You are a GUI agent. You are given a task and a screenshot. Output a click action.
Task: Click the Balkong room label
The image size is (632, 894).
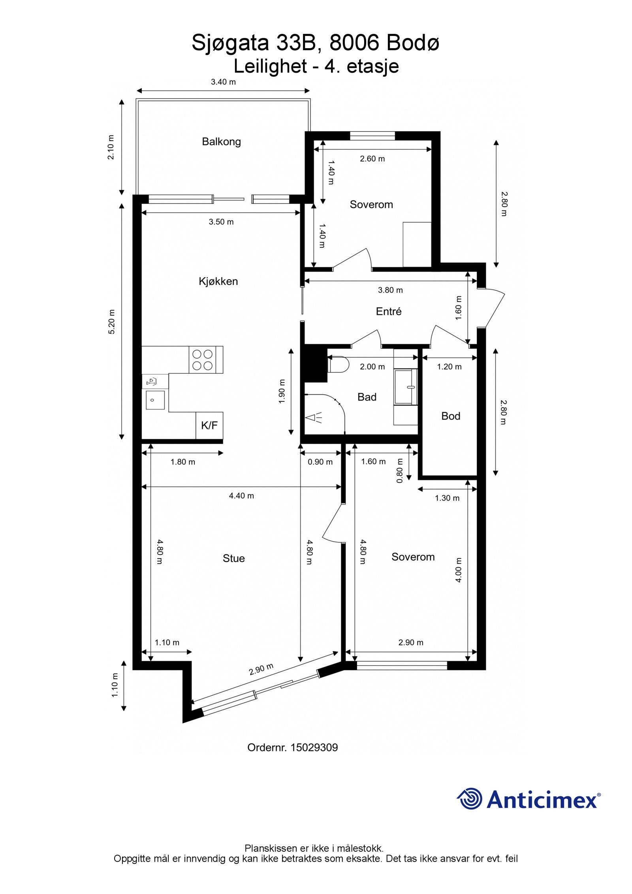click(221, 141)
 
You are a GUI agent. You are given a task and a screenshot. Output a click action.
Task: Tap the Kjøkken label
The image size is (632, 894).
click(218, 281)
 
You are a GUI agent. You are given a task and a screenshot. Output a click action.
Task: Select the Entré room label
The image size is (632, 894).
click(388, 311)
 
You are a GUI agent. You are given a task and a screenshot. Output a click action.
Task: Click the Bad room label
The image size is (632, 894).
click(367, 397)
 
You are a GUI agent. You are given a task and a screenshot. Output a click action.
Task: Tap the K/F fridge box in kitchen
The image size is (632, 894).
click(209, 425)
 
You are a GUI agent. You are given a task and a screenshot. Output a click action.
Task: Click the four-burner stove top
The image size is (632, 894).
click(203, 359)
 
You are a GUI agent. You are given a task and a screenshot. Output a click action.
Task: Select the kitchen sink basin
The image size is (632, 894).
click(155, 400)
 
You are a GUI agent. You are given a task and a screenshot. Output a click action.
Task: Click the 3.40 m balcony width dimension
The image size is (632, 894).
click(223, 82)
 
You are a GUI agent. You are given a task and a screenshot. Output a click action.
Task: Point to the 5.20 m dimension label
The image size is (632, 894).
click(112, 322)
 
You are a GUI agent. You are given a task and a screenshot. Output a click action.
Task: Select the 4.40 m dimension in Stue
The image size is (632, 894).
click(241, 495)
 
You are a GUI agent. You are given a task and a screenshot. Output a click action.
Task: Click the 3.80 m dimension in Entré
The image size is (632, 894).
click(390, 290)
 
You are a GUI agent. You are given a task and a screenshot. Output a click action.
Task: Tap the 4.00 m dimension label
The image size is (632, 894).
click(458, 570)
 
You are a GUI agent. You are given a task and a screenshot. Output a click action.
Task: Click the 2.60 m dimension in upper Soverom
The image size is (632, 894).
click(372, 159)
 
